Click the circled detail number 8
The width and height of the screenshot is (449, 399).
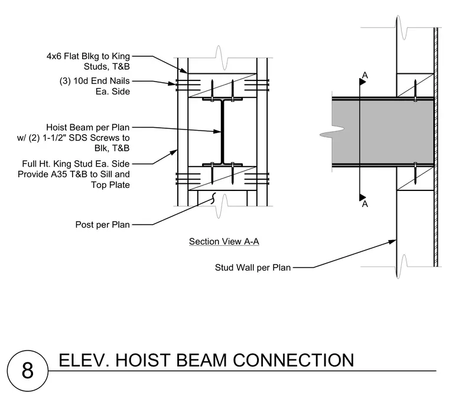tap(28, 371)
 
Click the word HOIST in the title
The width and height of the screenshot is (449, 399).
tap(142, 361)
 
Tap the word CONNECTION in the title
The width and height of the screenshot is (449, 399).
tap(294, 361)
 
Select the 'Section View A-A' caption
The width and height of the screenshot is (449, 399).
tap(224, 241)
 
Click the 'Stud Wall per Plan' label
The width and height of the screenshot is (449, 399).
tap(253, 268)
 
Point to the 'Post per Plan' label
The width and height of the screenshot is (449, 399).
tap(103, 225)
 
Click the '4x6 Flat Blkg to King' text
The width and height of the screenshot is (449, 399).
tap(88, 56)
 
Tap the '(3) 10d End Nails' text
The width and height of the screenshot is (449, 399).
tap(95, 81)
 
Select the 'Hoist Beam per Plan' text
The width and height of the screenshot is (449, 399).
tap(88, 127)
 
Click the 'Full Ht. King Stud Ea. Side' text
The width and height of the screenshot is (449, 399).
tap(76, 164)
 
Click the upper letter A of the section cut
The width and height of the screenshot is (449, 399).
tap(365, 75)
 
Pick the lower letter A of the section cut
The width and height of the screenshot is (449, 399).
tap(365, 204)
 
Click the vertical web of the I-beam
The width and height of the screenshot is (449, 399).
tap(222, 132)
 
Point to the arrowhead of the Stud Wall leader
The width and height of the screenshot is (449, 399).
tap(392, 242)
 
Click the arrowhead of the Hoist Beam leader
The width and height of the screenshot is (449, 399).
tap(217, 131)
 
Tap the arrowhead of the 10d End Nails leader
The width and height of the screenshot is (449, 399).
tap(172, 83)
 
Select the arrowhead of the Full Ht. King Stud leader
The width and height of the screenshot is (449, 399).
tap(174, 152)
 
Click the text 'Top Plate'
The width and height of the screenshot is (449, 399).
tap(110, 185)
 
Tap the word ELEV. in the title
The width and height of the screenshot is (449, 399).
tap(84, 361)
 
